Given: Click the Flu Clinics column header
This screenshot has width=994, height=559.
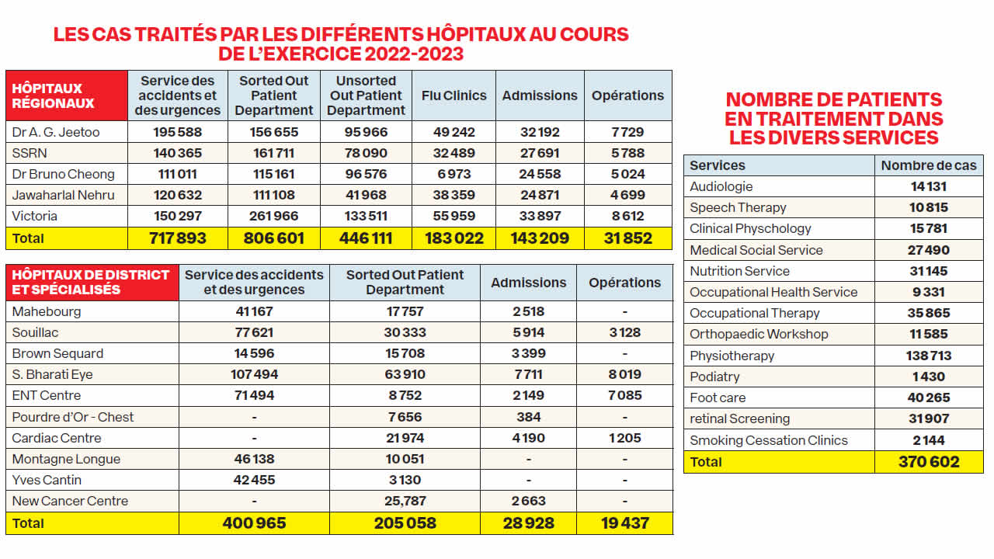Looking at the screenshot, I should pos(454,95).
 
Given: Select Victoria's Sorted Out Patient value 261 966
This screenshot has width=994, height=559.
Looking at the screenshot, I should pos(274,216).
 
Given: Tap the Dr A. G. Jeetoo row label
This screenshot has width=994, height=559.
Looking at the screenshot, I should pos(56,132).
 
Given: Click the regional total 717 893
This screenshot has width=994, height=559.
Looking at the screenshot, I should pos(177,238).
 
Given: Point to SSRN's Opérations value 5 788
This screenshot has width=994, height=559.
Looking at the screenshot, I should pos(627,153).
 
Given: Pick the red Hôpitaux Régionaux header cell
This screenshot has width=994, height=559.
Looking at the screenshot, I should pos(66,95).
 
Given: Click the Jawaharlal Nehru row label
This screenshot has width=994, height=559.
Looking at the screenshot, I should pos(64,195).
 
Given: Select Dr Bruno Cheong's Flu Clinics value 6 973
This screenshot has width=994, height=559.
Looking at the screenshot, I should pos(454,174).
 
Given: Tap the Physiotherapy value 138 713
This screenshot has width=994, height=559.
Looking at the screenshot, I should pos(928,356).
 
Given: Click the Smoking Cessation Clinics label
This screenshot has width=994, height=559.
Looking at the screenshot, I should pos(769,440).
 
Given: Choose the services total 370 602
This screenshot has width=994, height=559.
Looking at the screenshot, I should pos(928,462).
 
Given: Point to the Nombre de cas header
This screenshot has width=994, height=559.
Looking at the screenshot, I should pos(929,165).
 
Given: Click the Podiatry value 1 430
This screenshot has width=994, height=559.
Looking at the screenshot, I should pos(928,377).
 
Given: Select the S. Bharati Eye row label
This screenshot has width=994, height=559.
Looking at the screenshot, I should pos(53,374).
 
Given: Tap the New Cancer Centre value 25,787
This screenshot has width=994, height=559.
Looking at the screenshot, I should pos(405,501).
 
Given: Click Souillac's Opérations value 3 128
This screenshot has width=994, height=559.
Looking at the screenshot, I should pos(624,332).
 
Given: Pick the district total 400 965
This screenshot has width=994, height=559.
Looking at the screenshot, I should pos(254,523).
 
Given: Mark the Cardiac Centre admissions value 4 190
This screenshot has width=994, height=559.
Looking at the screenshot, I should pos(528,438).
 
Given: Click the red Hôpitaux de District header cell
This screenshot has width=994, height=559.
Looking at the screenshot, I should pos(92,282).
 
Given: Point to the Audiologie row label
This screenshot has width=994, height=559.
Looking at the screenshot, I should pos(721,186).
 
